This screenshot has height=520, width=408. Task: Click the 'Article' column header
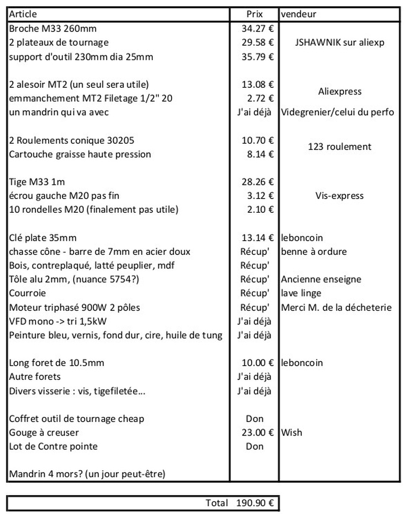click(x=23, y=14)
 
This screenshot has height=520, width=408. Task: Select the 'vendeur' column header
click(x=298, y=14)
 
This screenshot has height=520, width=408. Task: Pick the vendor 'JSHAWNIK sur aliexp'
click(x=339, y=43)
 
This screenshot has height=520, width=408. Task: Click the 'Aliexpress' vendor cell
click(x=339, y=91)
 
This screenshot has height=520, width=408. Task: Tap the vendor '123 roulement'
click(x=339, y=147)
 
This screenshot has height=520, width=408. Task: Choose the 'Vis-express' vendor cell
click(x=339, y=196)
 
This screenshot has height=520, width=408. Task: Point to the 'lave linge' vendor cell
click(x=299, y=293)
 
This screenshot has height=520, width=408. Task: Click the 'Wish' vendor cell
click(x=291, y=433)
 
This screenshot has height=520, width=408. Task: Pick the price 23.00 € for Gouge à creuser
click(x=257, y=433)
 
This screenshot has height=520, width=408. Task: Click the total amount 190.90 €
click(x=255, y=503)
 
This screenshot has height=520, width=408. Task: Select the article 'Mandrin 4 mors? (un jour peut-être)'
click(x=87, y=474)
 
